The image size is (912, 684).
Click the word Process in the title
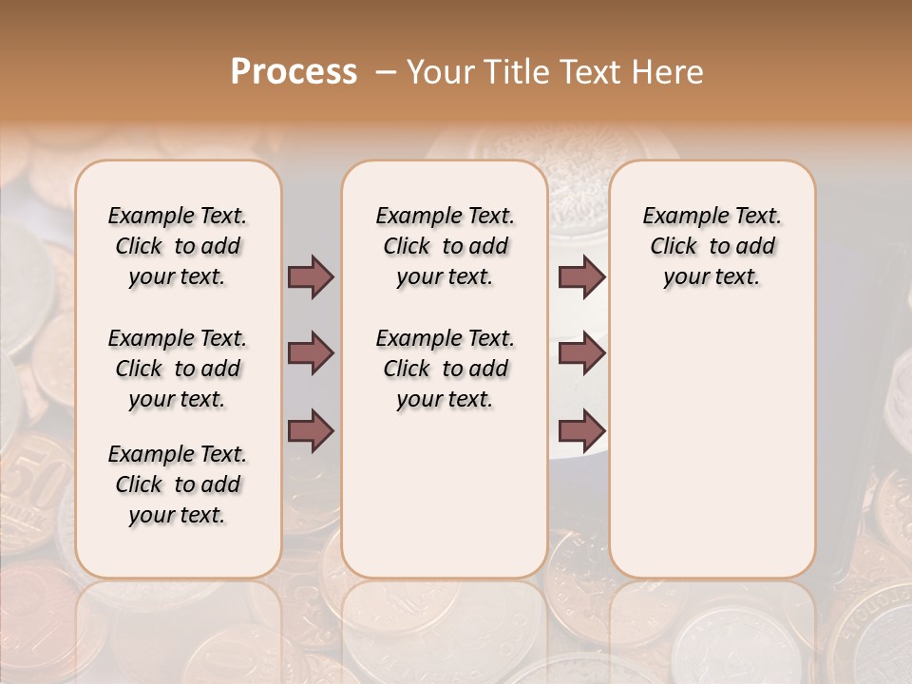294,72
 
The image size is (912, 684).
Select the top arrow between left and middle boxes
311,276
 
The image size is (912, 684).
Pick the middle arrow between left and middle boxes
311,353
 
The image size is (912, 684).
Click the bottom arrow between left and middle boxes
311,430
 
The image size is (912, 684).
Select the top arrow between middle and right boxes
581,276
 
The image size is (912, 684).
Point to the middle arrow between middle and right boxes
581,353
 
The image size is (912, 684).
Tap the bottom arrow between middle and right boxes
581,430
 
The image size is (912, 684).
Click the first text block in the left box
178,246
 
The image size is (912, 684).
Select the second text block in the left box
178,369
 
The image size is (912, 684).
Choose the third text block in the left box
178,484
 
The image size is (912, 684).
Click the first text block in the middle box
445,246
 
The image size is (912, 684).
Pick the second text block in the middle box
445,369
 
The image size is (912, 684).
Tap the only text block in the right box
712,246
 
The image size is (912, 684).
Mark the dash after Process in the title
386,73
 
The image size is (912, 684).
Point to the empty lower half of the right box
712,456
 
